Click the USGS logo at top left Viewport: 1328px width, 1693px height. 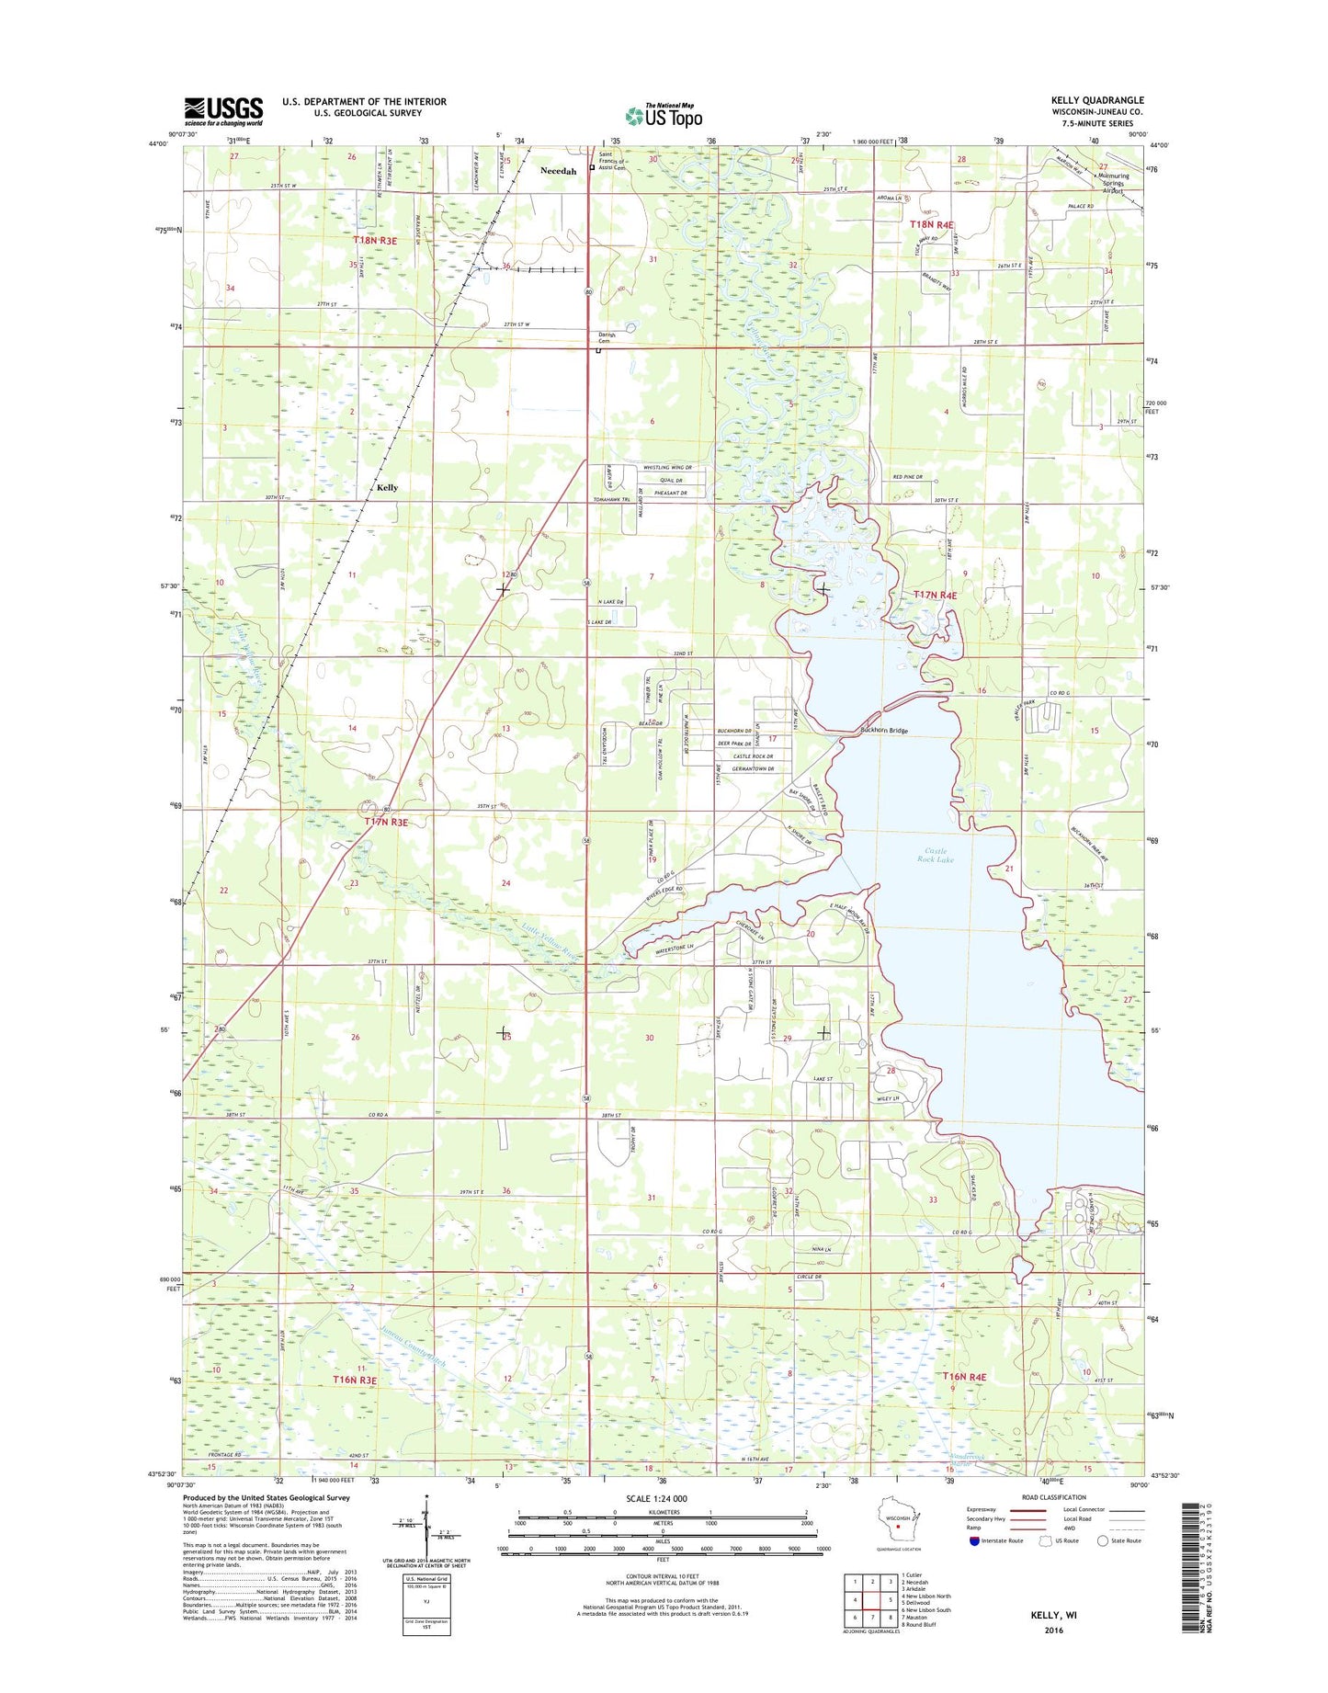223,111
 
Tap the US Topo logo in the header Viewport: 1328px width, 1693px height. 664,116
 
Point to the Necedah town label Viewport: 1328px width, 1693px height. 558,172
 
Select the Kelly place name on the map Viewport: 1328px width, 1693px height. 387,487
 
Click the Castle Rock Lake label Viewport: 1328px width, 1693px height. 936,856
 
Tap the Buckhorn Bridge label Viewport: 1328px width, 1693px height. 883,731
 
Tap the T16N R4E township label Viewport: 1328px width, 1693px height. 964,1377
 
